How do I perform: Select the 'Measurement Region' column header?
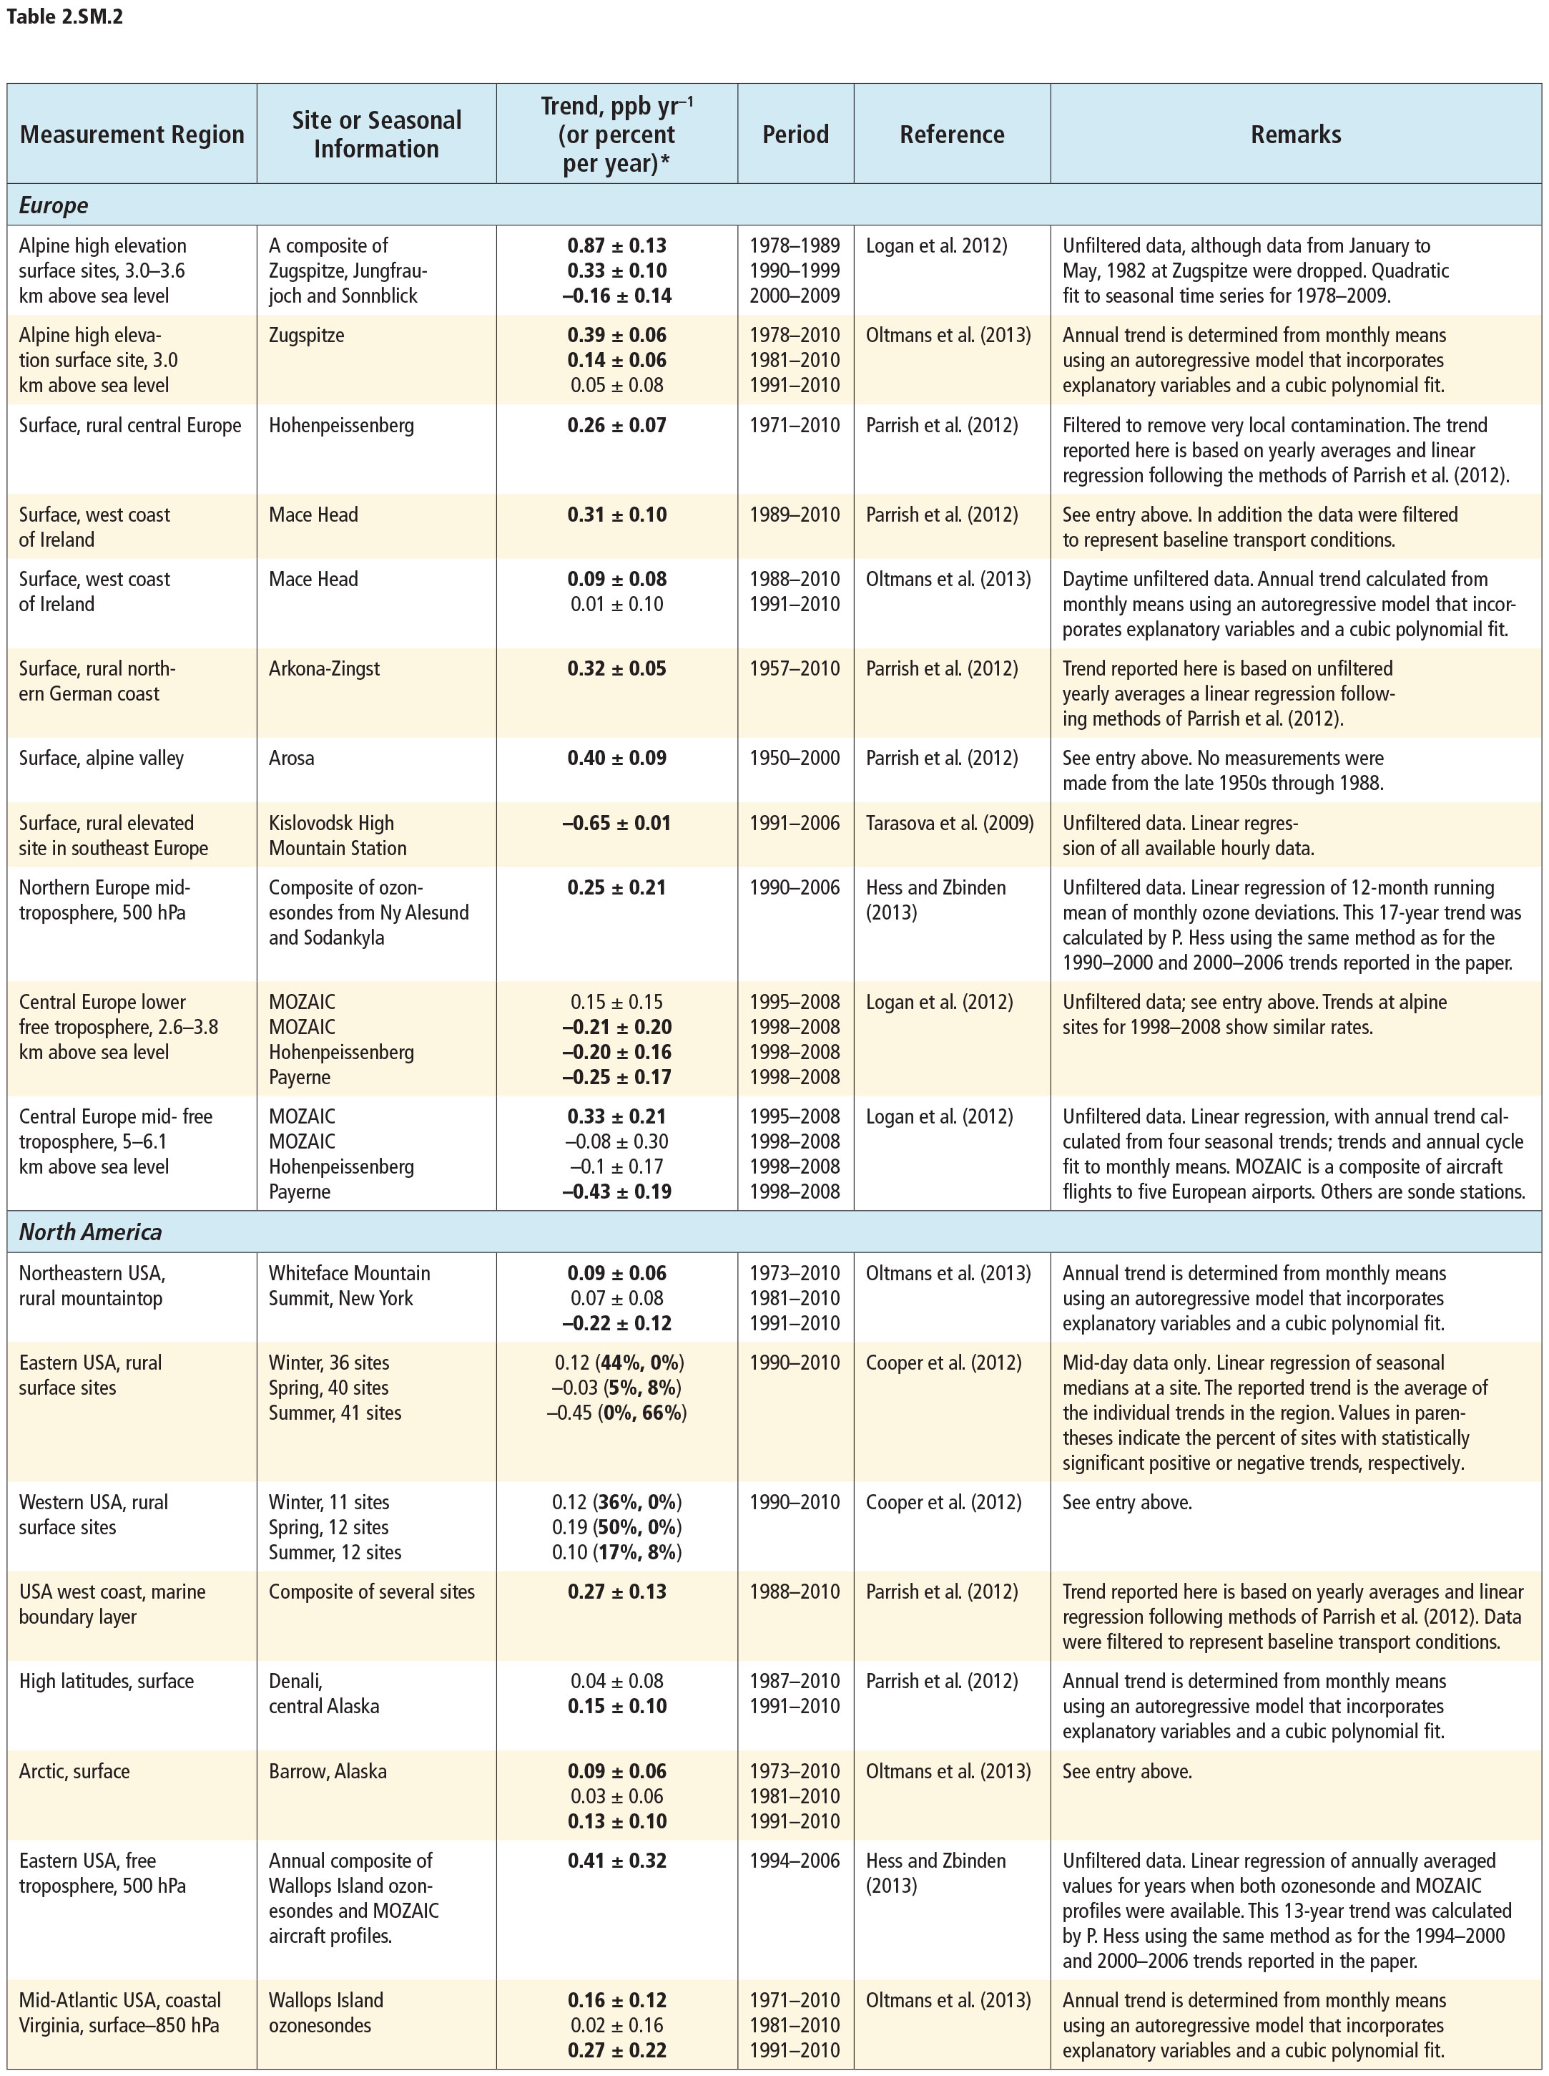coord(132,134)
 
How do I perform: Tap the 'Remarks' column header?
coord(1295,134)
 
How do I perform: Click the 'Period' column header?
coord(795,134)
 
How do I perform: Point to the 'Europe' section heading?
coord(54,205)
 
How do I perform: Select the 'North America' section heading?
coord(90,1232)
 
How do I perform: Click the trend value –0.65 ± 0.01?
coord(617,823)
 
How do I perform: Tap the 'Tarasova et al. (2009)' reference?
coord(949,823)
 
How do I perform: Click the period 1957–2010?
coord(795,669)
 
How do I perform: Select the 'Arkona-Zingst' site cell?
coord(325,669)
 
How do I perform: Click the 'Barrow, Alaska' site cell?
coord(328,1771)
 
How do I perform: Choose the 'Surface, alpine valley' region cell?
coord(102,758)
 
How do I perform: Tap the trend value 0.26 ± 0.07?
coord(617,425)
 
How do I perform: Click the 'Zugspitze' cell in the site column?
coord(307,335)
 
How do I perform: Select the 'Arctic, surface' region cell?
coord(74,1771)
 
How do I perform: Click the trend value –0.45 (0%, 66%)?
coord(617,1413)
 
